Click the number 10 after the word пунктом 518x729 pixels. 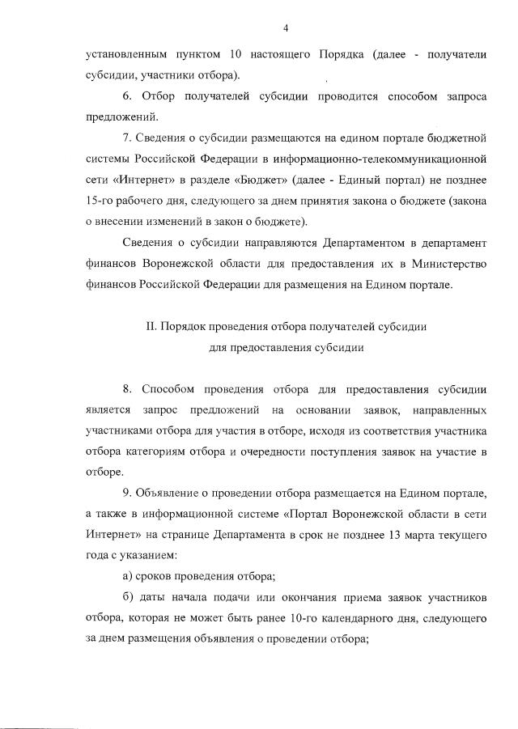tap(235, 54)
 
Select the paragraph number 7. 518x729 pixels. tap(125, 138)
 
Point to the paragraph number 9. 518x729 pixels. tap(125, 493)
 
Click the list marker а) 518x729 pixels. tap(125, 577)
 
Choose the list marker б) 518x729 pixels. tap(125, 598)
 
